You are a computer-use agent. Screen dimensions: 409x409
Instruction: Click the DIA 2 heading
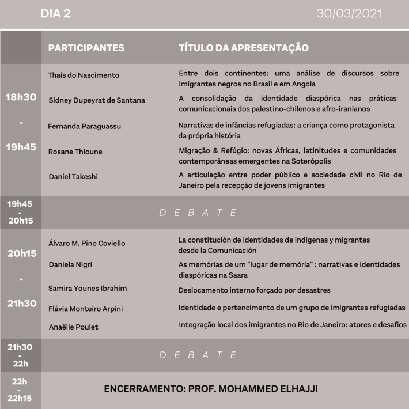[x=56, y=13]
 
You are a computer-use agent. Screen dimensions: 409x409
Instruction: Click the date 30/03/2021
[x=349, y=13]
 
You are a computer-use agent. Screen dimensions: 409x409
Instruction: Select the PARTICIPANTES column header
[x=86, y=48]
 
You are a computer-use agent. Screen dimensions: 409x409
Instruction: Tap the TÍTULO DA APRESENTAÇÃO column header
[x=244, y=48]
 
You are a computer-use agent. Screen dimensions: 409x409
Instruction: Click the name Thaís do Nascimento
[x=84, y=75]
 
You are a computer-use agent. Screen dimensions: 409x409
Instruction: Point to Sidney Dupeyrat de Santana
[x=97, y=100]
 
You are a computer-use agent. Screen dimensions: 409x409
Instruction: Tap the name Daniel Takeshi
[x=73, y=176]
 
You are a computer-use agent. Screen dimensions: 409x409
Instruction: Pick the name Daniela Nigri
[x=71, y=264]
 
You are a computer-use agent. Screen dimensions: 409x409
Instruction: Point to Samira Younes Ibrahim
[x=88, y=288]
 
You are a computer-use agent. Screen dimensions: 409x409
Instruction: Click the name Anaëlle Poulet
[x=74, y=327]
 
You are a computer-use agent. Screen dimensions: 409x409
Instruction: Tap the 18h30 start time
[x=21, y=97]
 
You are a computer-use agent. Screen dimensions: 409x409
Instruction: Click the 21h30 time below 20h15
[x=21, y=304]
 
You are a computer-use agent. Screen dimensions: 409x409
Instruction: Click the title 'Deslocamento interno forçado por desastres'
[x=255, y=290]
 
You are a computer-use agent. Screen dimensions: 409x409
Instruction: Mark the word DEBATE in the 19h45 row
[x=198, y=213]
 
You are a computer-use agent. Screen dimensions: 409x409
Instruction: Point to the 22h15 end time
[x=21, y=397]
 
